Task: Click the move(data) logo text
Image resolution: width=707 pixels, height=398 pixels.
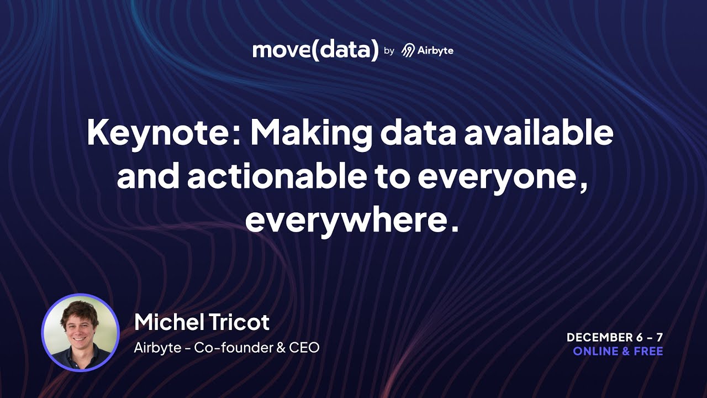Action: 315,50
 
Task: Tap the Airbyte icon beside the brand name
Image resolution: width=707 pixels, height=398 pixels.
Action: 408,51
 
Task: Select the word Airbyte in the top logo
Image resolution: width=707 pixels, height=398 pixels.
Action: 435,50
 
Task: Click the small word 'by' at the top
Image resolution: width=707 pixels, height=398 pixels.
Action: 389,51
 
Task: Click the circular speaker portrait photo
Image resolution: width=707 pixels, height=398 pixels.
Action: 81,332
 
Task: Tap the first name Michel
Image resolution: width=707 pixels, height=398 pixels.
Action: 166,322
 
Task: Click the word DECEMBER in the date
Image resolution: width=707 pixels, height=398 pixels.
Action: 600,337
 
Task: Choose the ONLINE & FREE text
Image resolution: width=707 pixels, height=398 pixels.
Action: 618,351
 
